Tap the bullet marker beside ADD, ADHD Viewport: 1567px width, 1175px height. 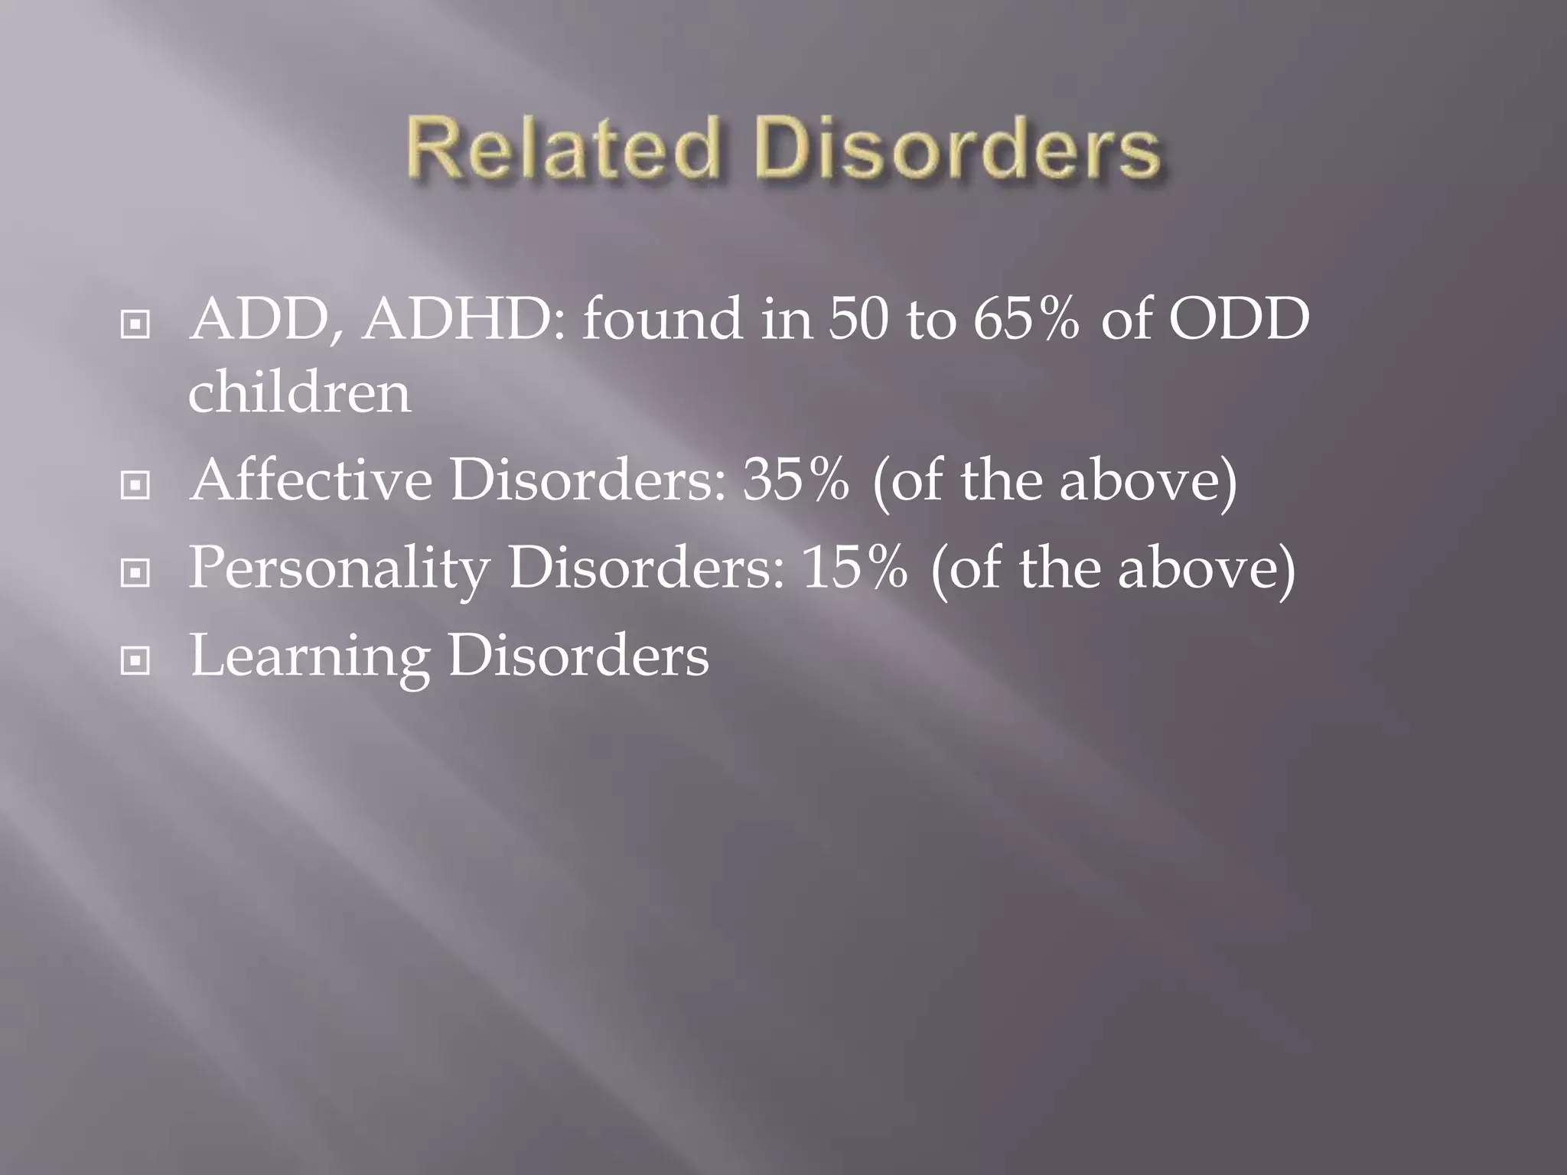pos(135,326)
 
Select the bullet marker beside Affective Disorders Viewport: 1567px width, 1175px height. pos(135,485)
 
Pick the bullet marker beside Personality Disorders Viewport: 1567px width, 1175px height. pos(135,572)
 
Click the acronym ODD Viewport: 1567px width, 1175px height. pos(1239,320)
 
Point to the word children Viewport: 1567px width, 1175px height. pos(299,392)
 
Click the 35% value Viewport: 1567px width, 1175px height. pos(796,480)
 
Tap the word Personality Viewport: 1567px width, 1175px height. pos(338,569)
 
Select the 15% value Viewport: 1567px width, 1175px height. pos(855,569)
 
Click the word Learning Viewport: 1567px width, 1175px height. pos(309,656)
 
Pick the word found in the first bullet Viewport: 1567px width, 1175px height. pos(662,320)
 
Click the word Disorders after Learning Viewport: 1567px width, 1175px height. pos(578,656)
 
